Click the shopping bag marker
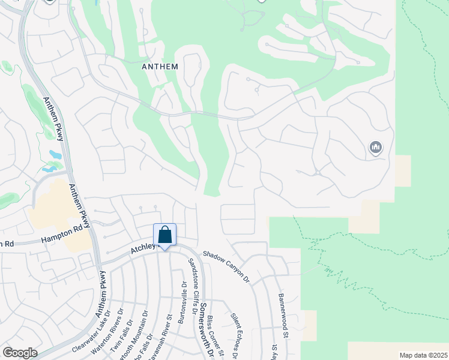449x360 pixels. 164,235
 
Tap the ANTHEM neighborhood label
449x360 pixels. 160,67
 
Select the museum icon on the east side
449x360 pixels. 376,147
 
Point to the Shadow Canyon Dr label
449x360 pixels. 226,265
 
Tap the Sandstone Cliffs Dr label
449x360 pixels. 193,286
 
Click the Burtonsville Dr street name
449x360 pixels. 182,303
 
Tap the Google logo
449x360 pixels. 20,353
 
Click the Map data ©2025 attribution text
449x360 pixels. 423,355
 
